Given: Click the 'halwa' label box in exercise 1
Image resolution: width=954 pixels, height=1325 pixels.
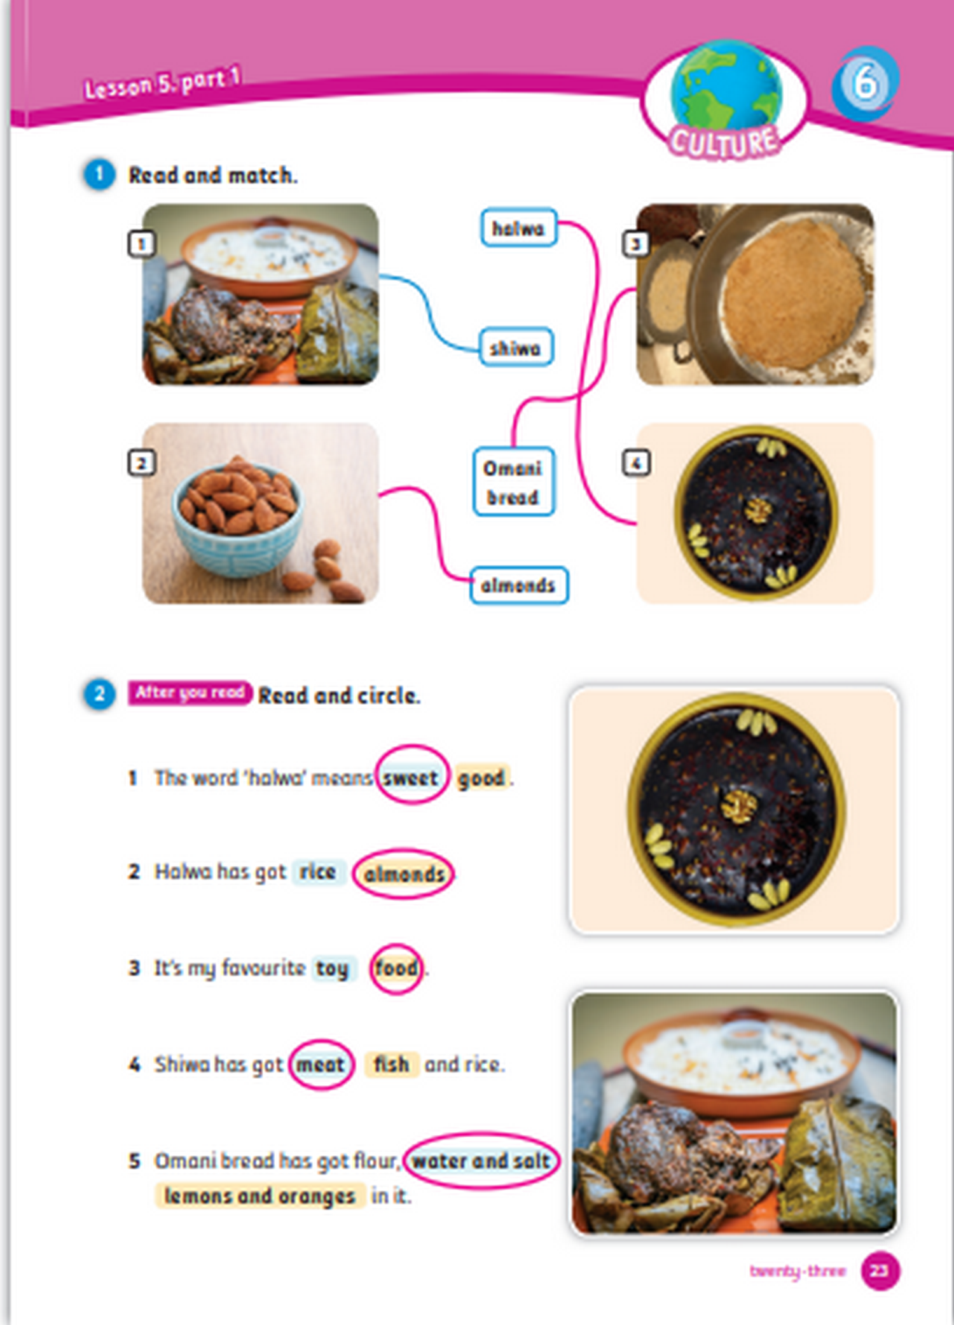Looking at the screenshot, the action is (x=519, y=228).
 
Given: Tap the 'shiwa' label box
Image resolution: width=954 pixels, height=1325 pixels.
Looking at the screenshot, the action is (x=516, y=347).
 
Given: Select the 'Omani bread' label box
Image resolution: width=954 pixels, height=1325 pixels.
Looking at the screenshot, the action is (x=513, y=482).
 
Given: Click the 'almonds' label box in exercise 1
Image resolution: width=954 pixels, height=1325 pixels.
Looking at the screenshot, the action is (x=518, y=585).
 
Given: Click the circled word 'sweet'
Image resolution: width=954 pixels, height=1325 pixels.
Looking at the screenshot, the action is (x=410, y=777).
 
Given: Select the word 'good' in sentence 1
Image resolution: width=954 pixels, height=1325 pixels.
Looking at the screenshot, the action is (x=482, y=777).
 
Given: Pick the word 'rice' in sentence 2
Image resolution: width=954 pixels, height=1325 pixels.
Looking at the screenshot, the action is (x=318, y=871).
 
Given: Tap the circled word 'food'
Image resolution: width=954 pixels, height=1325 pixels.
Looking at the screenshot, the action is (x=396, y=968).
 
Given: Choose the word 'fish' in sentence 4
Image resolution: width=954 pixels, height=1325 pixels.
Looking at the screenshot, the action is (x=391, y=1064).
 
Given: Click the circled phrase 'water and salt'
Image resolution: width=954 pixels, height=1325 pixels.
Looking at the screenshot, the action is (x=481, y=1160).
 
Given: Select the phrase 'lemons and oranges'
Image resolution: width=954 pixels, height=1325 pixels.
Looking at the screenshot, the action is (x=260, y=1196).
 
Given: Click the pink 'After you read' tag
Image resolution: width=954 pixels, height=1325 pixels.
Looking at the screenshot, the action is (x=190, y=693).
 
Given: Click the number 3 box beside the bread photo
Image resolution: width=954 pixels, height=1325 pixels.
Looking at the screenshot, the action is (x=635, y=243).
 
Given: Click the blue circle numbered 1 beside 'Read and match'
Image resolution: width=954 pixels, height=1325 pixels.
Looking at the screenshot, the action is (x=99, y=174).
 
